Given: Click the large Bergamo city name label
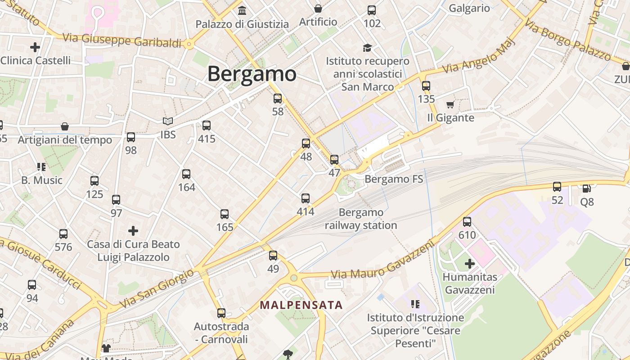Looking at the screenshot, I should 252,74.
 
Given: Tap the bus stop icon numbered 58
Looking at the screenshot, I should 278,99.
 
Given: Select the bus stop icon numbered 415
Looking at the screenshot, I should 207,126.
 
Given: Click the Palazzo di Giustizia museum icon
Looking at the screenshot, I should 242,10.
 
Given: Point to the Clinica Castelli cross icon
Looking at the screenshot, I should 35,47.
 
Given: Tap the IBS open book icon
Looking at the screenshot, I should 168,121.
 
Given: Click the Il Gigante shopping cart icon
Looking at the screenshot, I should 450,105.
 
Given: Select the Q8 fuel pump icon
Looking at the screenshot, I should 586,189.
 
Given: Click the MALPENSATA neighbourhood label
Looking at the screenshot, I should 301,305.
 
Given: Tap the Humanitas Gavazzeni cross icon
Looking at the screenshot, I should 470,263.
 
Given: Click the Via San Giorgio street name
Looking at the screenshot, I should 158,288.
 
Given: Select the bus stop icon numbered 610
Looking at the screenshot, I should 467,221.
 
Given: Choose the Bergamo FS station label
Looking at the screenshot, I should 394,179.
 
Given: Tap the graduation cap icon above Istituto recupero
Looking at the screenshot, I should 367,48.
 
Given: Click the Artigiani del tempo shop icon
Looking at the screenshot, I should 65,126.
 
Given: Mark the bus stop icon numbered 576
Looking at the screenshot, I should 63,234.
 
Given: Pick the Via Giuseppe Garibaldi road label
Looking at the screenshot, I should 122,40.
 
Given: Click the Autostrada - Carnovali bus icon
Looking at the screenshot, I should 221,313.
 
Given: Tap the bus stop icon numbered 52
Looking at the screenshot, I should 557,187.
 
